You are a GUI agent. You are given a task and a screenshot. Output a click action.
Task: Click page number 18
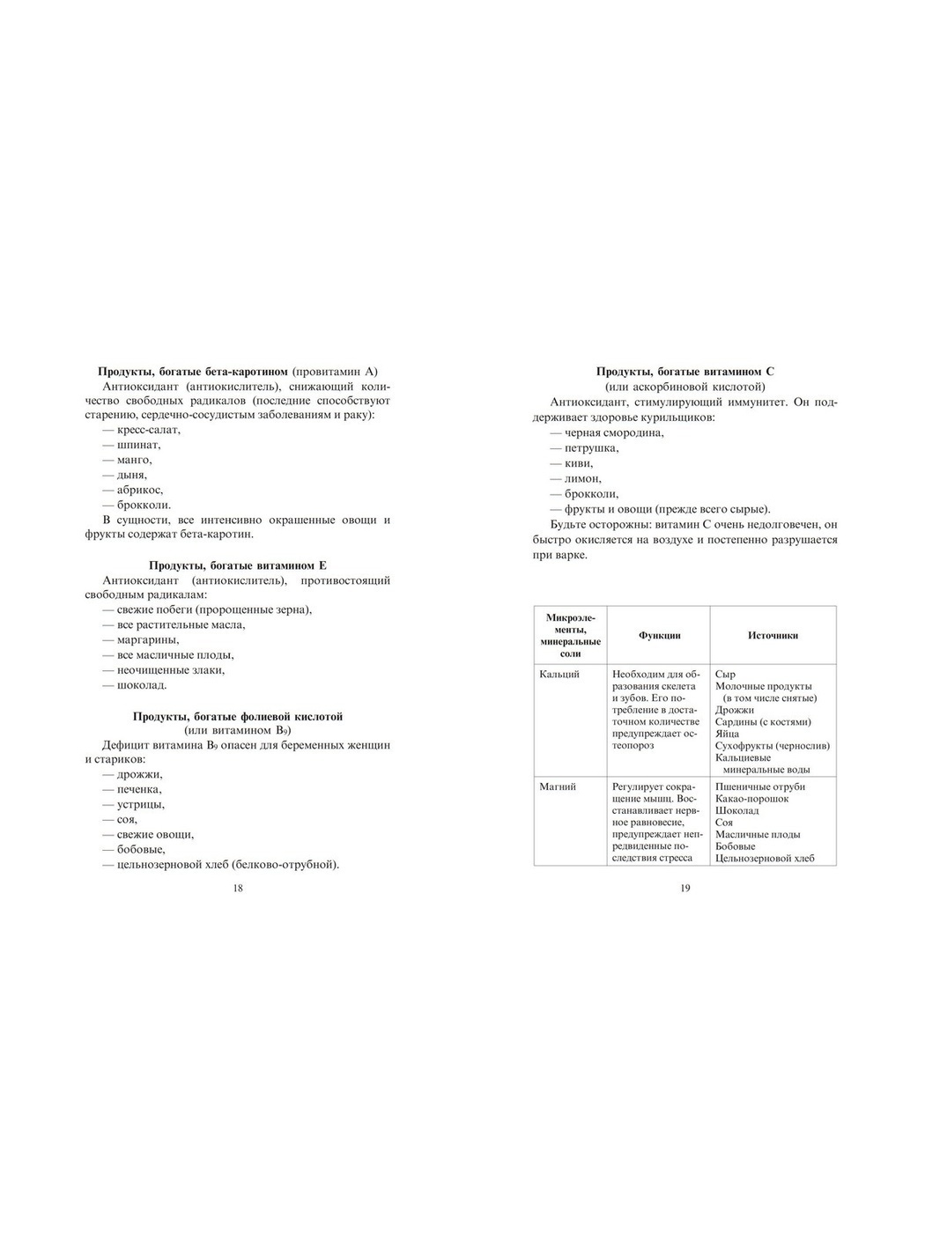237,888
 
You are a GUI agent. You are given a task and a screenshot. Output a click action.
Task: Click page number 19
685,888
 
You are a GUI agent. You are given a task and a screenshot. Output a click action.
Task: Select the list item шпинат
137,445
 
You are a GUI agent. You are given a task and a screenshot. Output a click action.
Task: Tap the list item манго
134,460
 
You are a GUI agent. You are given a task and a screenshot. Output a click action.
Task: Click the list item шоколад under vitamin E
141,685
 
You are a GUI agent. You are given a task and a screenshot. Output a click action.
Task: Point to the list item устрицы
140,804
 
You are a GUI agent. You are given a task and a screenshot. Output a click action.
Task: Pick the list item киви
578,463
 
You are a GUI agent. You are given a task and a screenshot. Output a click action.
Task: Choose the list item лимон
582,478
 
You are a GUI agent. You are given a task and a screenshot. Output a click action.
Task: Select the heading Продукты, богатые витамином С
685,372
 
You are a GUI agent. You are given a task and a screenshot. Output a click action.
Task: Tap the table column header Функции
660,635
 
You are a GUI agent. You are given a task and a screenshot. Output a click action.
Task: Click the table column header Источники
773,635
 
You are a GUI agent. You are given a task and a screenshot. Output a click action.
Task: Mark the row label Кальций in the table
559,675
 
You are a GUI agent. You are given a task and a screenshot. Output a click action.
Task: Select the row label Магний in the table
558,786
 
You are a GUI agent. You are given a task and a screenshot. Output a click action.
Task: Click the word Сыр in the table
725,675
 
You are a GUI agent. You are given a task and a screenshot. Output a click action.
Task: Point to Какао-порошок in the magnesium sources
752,799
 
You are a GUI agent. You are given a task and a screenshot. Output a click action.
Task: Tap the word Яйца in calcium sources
728,734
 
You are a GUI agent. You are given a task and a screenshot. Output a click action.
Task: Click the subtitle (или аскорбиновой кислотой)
685,387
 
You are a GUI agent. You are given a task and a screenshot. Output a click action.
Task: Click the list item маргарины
147,640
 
